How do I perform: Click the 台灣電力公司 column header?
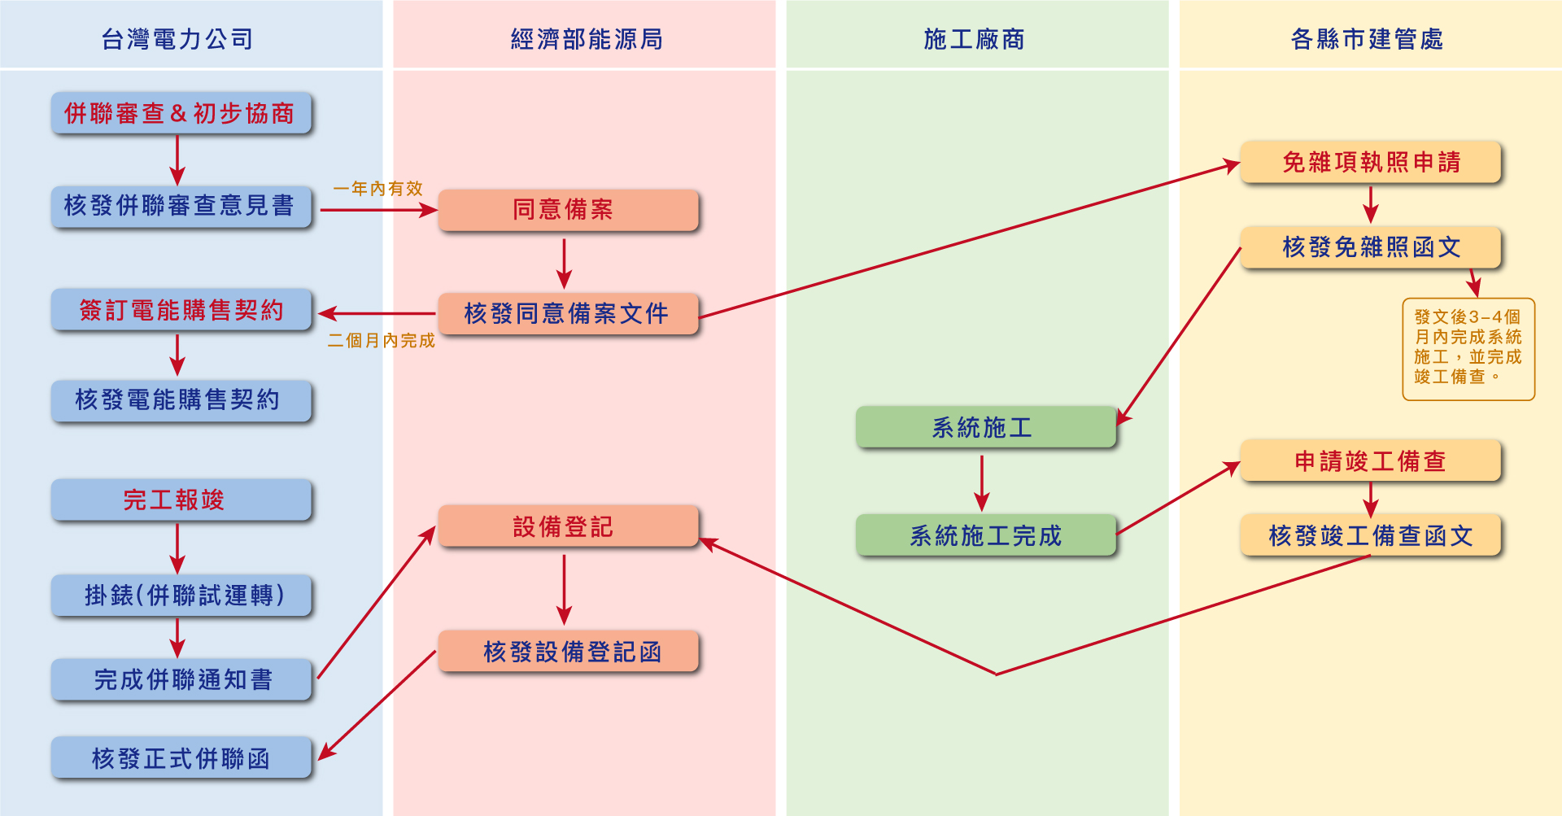pyautogui.click(x=177, y=38)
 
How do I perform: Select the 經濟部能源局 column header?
pyautogui.click(x=586, y=38)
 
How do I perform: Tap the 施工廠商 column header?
pyautogui.click(x=974, y=38)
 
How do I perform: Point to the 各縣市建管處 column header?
pyautogui.click(x=1367, y=38)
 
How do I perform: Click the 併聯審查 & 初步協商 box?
pyautogui.click(x=181, y=113)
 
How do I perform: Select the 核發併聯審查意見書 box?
pyautogui.click(x=181, y=206)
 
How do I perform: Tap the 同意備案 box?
pyautogui.click(x=567, y=210)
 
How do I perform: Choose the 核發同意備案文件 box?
pyautogui.click(x=567, y=313)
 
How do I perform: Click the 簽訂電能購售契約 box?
pyautogui.click(x=181, y=309)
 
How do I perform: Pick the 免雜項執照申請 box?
pyautogui.click(x=1370, y=162)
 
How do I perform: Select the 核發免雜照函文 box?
pyautogui.click(x=1370, y=247)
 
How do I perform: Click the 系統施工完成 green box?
pyautogui.click(x=985, y=535)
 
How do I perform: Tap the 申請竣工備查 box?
pyautogui.click(x=1370, y=460)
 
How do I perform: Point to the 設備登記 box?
pyautogui.click(x=567, y=526)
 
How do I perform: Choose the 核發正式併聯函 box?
pyautogui.click(x=181, y=757)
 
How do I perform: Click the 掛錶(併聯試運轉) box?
pyautogui.click(x=181, y=595)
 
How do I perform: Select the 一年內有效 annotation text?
pyautogui.click(x=377, y=189)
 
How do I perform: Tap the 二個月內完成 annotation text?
pyautogui.click(x=381, y=341)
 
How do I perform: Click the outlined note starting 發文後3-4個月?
pyautogui.click(x=1468, y=349)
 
